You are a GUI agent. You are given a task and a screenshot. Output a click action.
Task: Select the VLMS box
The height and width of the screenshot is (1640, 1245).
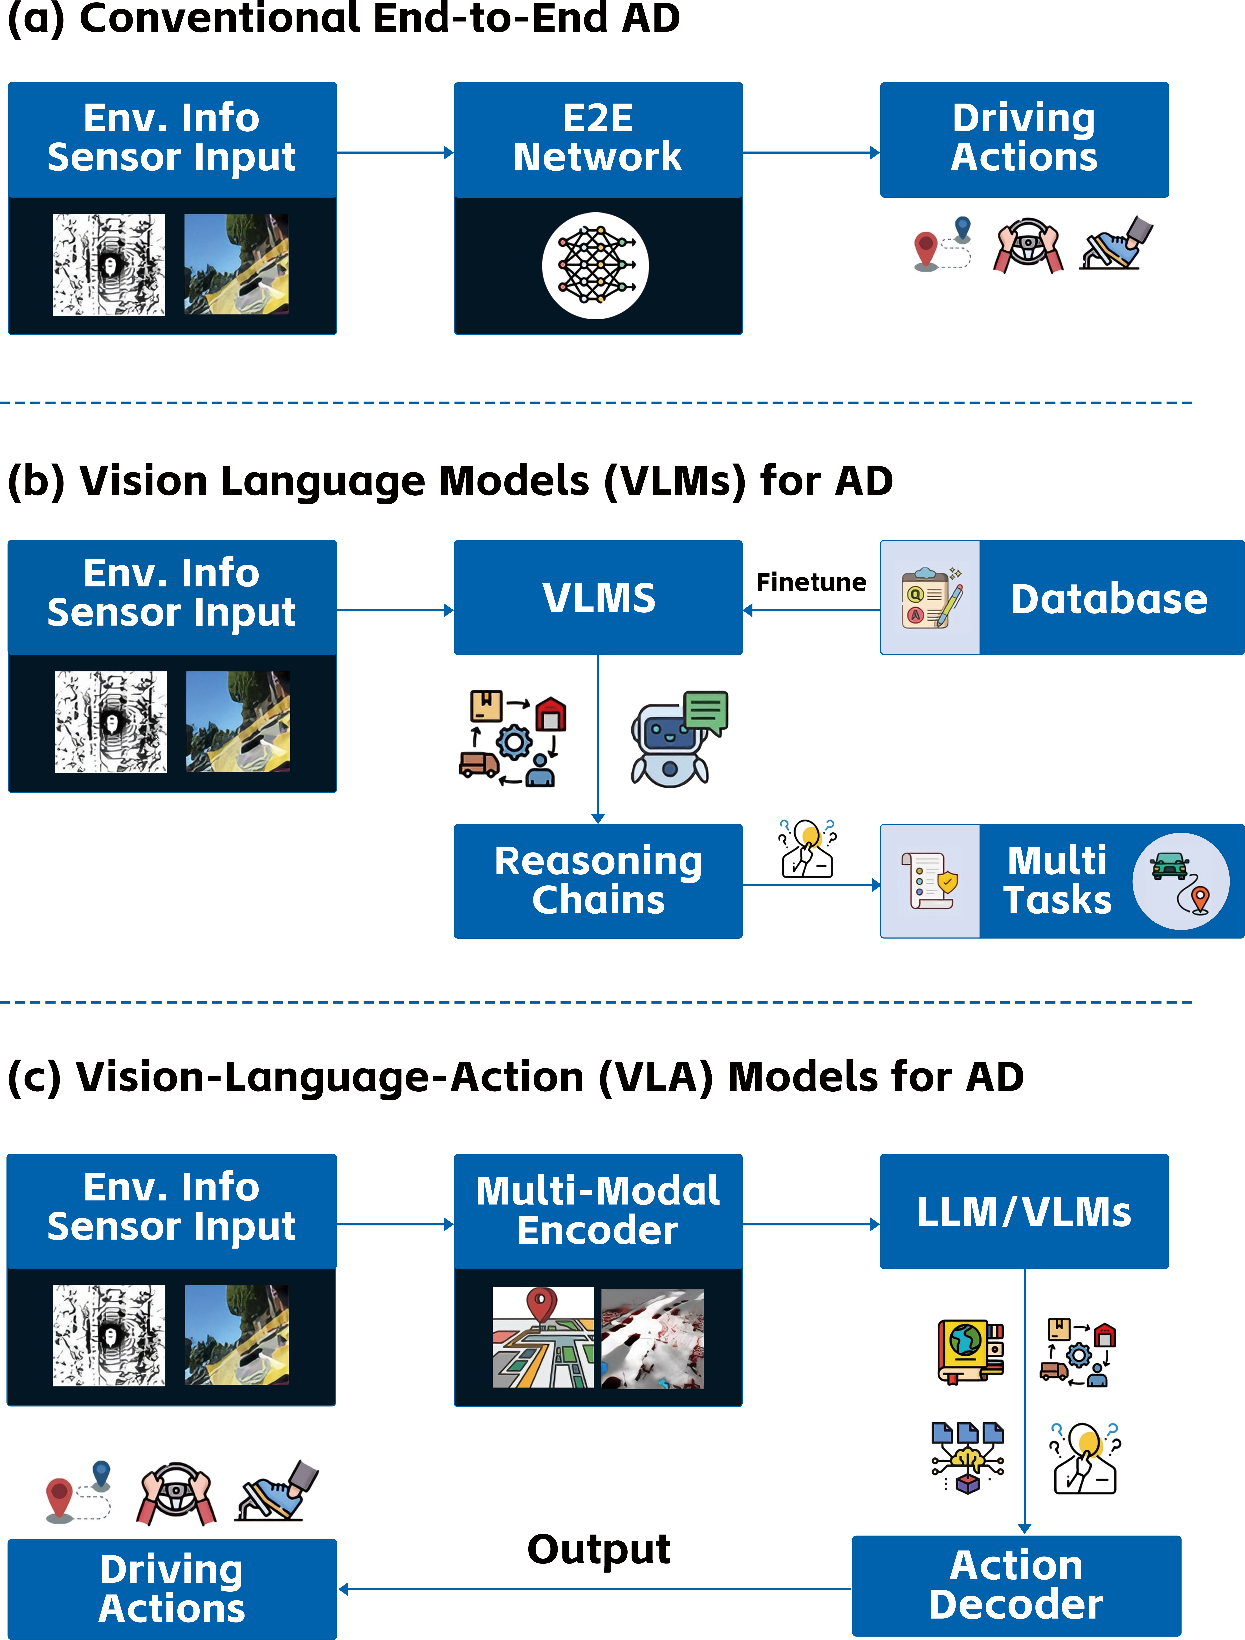coord(598,598)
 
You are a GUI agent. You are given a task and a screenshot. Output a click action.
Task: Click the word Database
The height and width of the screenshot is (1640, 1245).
coord(1108,599)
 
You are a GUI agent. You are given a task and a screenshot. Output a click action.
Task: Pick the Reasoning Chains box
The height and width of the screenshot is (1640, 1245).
coord(598,881)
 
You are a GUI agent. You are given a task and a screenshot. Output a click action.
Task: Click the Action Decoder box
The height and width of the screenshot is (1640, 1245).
coord(1016,1585)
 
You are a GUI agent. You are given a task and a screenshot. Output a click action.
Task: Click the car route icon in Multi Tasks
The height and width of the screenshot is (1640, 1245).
coord(1180,881)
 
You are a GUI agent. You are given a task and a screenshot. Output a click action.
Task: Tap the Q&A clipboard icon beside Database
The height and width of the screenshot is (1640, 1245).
coord(931,598)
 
